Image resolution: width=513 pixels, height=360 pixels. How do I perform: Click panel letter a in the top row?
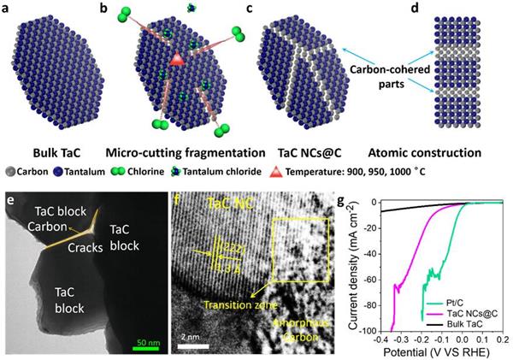point(8,9)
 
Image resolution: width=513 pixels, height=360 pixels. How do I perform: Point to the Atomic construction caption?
point(423,153)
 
